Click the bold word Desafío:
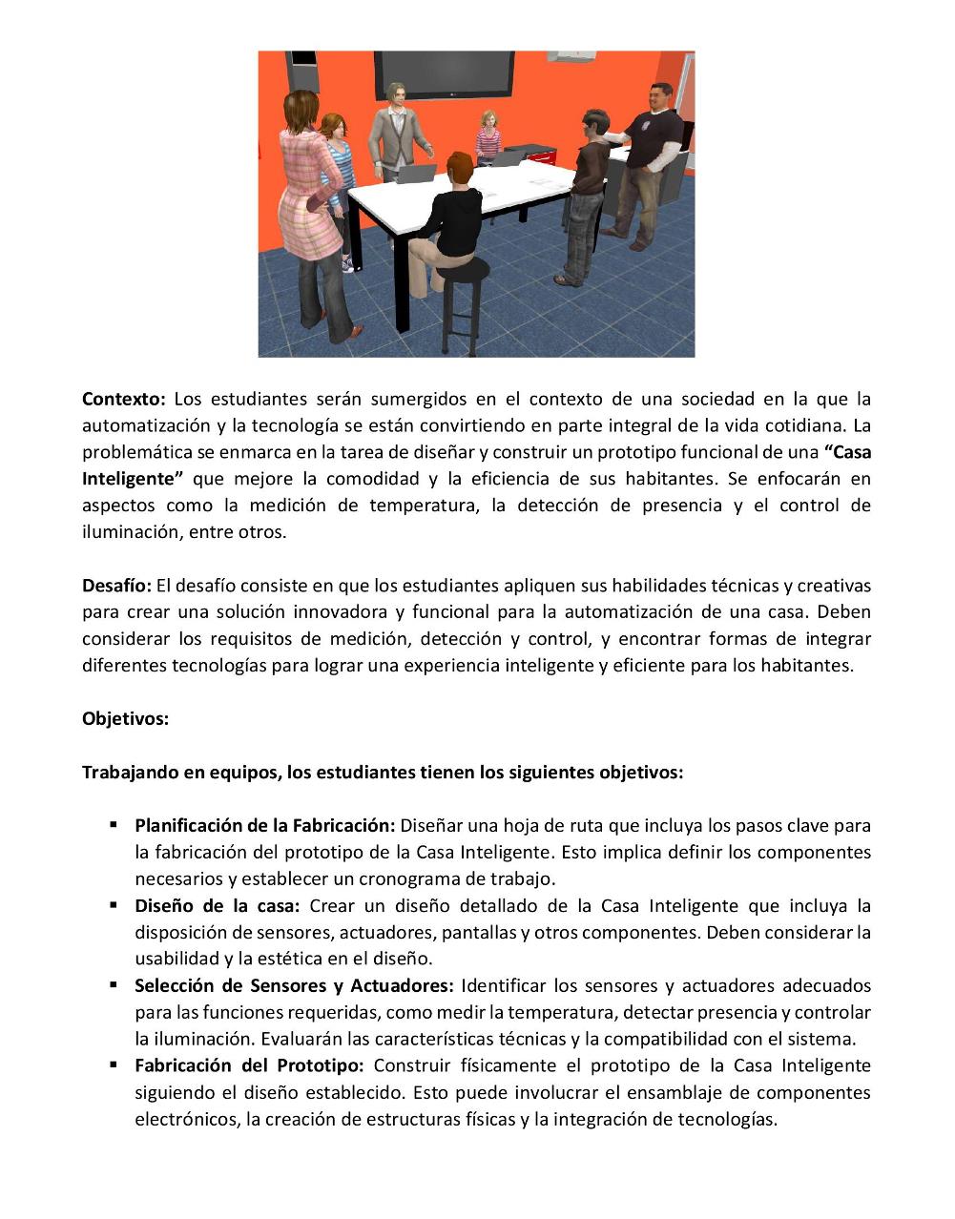[x=116, y=585]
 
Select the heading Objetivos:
[x=125, y=718]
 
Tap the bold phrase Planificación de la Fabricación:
[x=264, y=825]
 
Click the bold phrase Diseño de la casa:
[x=217, y=905]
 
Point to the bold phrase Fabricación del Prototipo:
[x=248, y=1065]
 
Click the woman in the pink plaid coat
[x=308, y=210]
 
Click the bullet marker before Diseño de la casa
[x=113, y=904]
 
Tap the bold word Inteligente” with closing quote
[x=132, y=479]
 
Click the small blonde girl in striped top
[x=489, y=136]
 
